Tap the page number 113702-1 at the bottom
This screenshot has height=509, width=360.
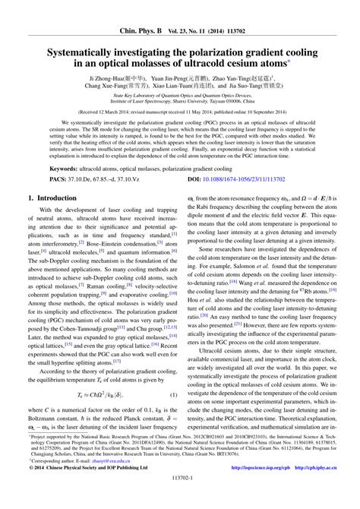pos(179,501)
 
